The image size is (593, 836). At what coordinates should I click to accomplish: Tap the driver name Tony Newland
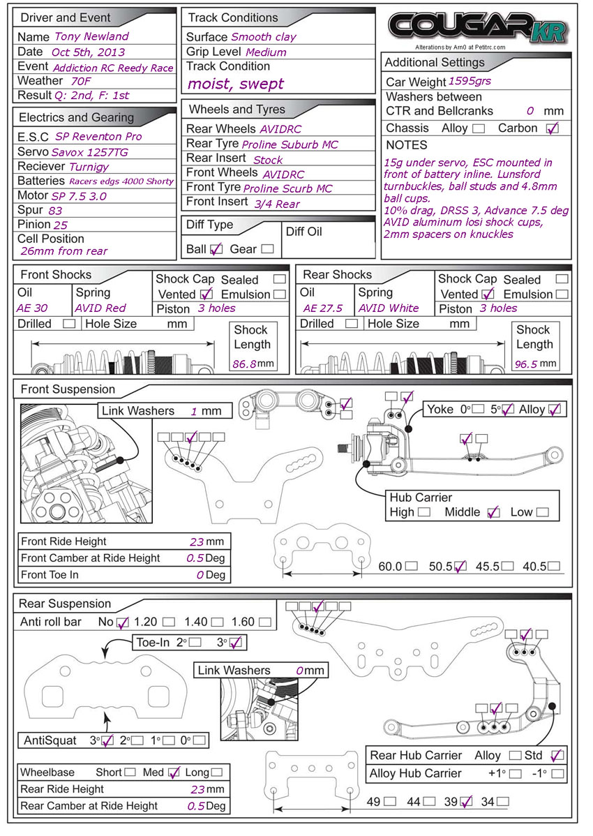(x=92, y=36)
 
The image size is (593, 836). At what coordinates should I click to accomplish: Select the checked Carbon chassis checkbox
(x=553, y=128)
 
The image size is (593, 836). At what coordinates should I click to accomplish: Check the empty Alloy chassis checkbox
(x=479, y=128)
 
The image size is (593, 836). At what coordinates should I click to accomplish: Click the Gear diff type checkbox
(x=267, y=249)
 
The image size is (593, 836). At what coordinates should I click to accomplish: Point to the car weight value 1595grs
(x=470, y=81)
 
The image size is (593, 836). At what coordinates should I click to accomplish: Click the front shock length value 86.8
(x=245, y=364)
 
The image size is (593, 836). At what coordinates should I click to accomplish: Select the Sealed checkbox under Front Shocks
(x=280, y=279)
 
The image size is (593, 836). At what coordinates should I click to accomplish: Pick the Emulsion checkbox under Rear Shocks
(x=562, y=294)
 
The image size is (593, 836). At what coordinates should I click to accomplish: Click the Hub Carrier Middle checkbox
(x=494, y=512)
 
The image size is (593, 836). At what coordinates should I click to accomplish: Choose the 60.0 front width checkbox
(x=412, y=567)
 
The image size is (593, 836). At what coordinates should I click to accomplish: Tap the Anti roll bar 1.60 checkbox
(x=265, y=622)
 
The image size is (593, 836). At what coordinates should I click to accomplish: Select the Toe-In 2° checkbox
(x=195, y=643)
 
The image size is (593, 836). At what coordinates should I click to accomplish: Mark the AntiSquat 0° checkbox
(x=201, y=740)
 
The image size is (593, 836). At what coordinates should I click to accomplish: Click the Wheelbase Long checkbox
(x=217, y=772)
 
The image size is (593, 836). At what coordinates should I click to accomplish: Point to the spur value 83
(x=55, y=210)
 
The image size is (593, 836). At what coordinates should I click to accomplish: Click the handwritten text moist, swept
(x=235, y=84)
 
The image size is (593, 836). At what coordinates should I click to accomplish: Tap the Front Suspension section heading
(x=68, y=389)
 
